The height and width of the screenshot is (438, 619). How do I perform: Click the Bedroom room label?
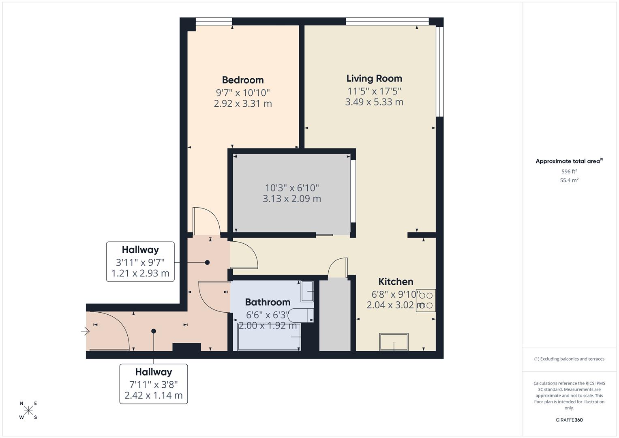[243, 80]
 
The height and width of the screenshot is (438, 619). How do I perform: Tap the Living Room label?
[374, 78]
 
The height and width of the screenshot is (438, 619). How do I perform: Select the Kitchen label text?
[396, 281]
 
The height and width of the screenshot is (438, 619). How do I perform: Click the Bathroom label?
[268, 302]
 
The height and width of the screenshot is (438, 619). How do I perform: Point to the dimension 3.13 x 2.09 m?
[291, 199]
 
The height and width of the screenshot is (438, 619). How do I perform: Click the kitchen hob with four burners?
[426, 301]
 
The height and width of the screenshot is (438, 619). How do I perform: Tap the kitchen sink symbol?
[394, 342]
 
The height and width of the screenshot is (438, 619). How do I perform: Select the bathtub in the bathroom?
[269, 337]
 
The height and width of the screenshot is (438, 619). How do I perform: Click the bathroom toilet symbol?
[304, 315]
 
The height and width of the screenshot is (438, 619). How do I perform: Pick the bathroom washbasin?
[307, 291]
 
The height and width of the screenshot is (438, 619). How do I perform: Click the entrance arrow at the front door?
[85, 331]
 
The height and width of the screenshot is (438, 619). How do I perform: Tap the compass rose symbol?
[28, 410]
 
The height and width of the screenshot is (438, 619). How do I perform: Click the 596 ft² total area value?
[569, 172]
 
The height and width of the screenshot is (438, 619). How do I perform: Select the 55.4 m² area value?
[569, 180]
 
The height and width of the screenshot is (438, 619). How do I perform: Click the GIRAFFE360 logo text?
[569, 420]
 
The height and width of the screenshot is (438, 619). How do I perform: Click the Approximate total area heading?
[568, 161]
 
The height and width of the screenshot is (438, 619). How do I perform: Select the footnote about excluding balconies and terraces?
[569, 359]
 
